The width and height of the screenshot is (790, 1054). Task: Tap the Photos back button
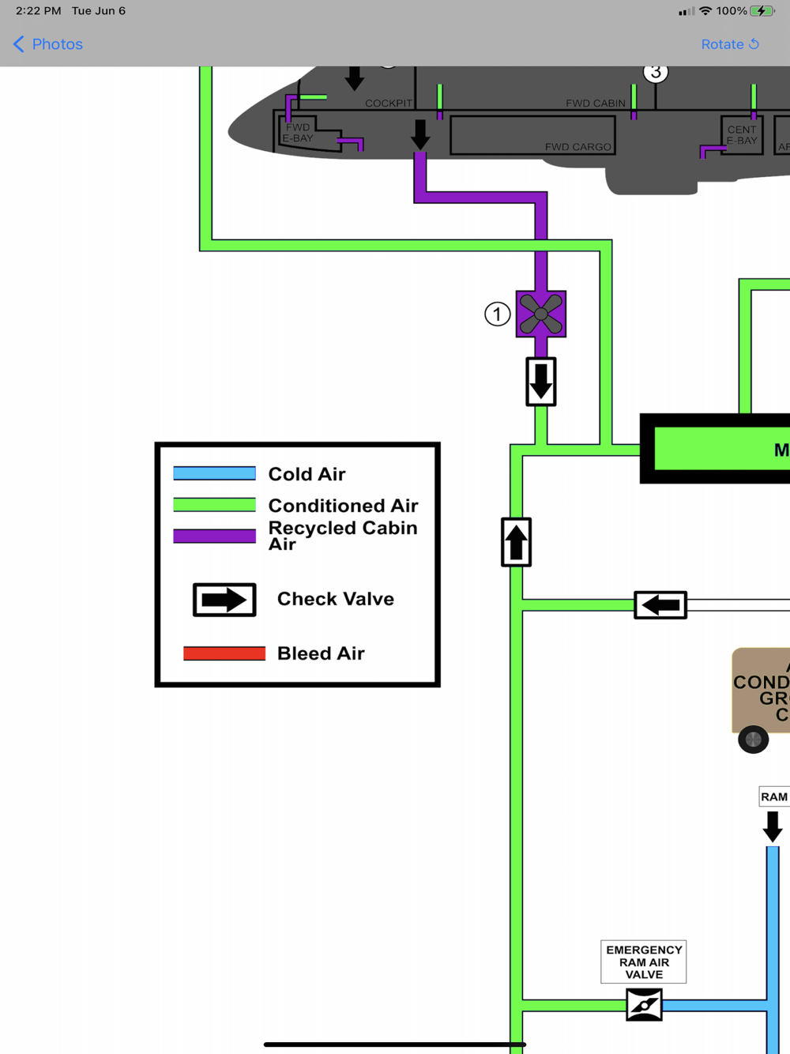(48, 44)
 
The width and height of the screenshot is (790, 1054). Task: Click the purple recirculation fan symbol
(541, 314)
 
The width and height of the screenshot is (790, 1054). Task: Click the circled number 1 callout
(497, 314)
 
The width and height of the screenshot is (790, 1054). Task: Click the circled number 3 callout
(655, 73)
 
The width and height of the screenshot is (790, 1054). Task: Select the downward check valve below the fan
(541, 382)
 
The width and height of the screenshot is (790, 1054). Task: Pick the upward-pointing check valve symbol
(516, 542)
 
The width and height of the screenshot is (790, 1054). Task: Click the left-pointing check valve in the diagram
(660, 605)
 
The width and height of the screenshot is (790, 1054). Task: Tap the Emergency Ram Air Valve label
(644, 962)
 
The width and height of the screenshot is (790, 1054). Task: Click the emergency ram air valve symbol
(644, 1005)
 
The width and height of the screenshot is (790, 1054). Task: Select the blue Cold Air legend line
(215, 473)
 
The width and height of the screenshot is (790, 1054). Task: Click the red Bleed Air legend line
(224, 653)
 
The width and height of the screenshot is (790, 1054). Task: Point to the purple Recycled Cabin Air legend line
(215, 536)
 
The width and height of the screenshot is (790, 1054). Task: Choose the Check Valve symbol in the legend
(224, 600)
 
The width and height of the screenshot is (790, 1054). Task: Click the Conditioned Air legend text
(343, 505)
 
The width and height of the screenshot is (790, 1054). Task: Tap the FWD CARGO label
(577, 147)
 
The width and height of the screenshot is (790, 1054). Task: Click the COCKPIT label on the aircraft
(389, 104)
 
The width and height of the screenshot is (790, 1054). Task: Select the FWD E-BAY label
(298, 133)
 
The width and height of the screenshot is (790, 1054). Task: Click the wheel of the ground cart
(753, 740)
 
